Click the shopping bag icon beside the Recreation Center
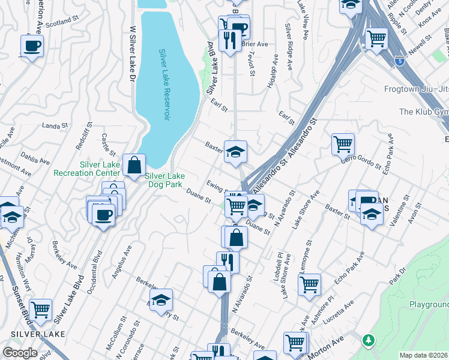134,164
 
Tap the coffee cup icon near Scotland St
32,45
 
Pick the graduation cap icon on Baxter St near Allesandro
236,151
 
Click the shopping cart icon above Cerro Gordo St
343,144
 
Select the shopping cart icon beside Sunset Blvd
40,310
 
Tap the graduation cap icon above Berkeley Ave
160,299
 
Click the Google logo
19,353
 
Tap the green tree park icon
369,340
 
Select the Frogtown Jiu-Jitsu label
416,89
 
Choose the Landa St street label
54,126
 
